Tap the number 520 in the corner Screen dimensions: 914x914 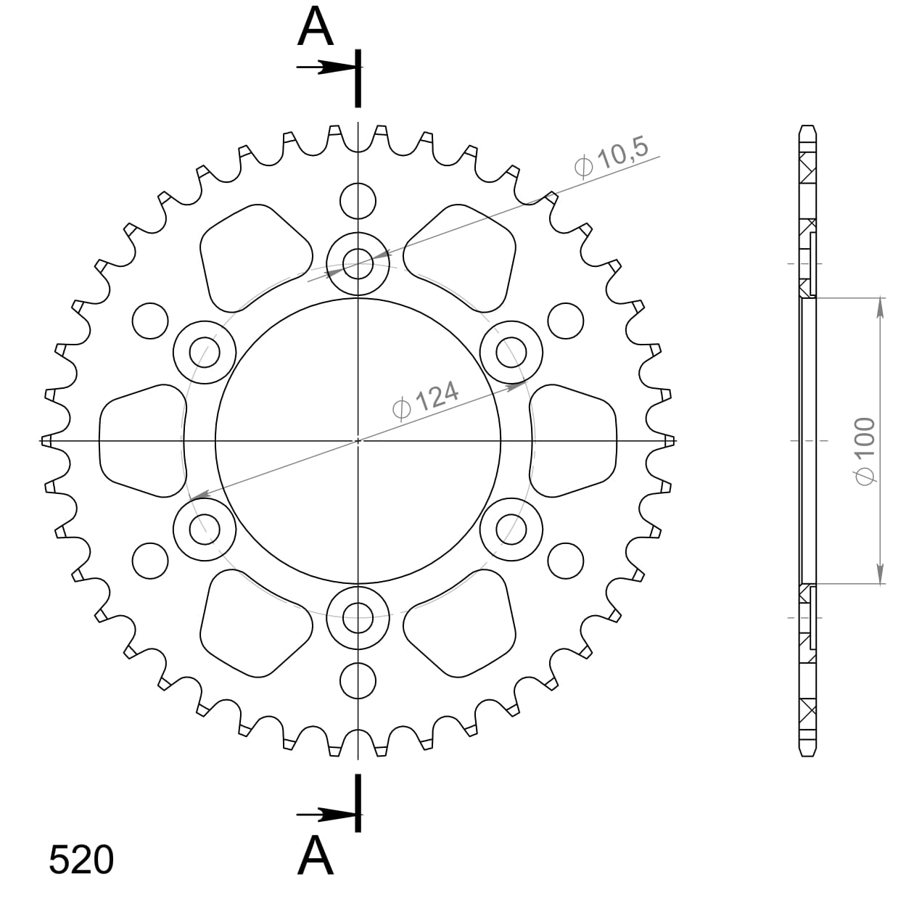tap(81, 860)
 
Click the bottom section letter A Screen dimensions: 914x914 tap(316, 856)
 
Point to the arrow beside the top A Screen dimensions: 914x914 tap(326, 68)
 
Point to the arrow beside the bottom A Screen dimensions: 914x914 tap(326, 815)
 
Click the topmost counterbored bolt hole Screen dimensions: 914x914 tap(358, 261)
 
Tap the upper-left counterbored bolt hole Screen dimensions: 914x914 tap(205, 352)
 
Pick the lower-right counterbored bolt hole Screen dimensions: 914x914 tap(511, 530)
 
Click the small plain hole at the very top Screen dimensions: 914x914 tap(358, 200)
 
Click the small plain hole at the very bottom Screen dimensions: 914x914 tap(358, 680)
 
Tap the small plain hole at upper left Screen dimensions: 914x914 tap(151, 319)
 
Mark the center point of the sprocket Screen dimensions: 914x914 tap(358, 440)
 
